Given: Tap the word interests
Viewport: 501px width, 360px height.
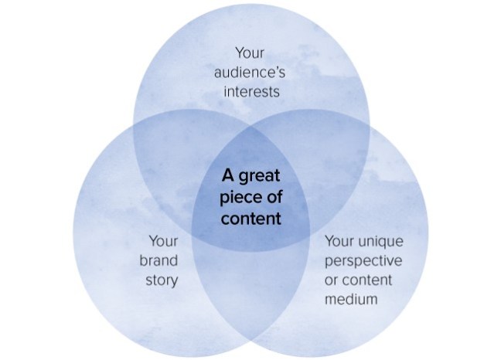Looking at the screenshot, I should click(250, 93).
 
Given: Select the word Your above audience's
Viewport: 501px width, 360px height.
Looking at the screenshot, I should click(250, 54).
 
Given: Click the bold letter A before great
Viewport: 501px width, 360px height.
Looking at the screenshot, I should click(227, 175).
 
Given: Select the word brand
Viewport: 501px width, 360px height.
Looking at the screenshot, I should click(159, 260).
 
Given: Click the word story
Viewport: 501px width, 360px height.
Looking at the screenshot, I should click(161, 279).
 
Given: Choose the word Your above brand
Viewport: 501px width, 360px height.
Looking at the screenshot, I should click(163, 241).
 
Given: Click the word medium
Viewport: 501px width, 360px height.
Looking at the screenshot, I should click(352, 298).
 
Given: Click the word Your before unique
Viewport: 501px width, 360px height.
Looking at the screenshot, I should click(341, 241).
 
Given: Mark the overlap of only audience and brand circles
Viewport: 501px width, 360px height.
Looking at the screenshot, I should click(170, 162).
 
